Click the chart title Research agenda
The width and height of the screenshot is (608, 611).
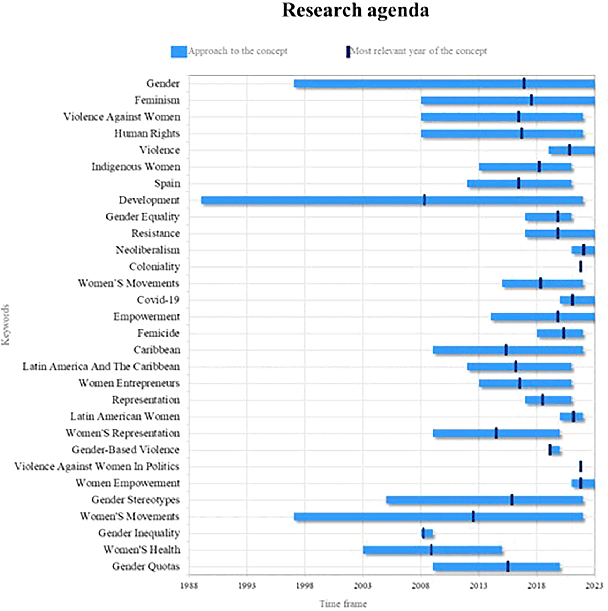[x=355, y=11]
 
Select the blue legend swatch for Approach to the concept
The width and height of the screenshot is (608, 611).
[x=179, y=51]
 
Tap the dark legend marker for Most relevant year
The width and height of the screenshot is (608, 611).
[x=348, y=52]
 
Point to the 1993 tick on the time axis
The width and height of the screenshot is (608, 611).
[x=247, y=585]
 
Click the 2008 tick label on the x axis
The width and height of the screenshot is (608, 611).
[x=421, y=585]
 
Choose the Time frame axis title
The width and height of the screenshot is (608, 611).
[x=343, y=604]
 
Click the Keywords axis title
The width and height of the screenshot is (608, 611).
[x=6, y=324]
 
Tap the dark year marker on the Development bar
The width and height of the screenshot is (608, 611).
[x=424, y=200]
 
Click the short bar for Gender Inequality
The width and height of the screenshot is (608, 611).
[x=428, y=533]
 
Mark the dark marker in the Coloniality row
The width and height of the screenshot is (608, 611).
[x=581, y=266]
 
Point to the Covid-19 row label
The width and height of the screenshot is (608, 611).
[x=158, y=300]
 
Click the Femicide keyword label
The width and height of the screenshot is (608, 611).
[x=158, y=333]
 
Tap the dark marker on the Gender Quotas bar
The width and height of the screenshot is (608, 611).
[x=508, y=566]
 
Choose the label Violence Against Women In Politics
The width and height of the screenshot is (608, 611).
[x=97, y=466]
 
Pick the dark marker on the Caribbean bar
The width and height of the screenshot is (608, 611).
[x=506, y=350]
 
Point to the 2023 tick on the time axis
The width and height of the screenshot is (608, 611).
[x=594, y=585]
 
